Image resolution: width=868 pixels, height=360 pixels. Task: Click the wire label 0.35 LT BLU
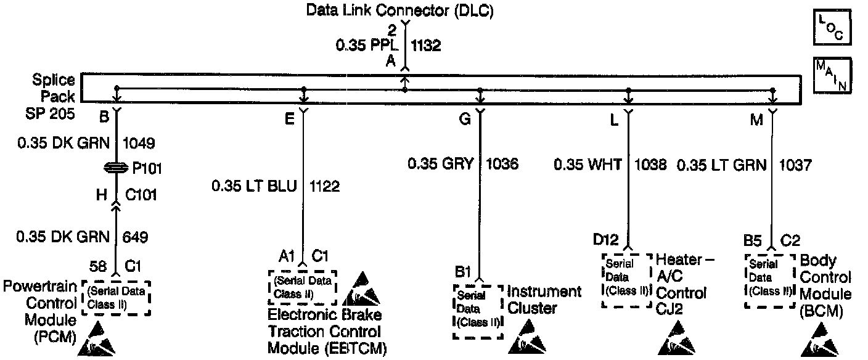click(x=253, y=186)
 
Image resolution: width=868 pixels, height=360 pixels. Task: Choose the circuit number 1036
click(x=502, y=164)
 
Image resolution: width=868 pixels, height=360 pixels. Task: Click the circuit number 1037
click(x=795, y=164)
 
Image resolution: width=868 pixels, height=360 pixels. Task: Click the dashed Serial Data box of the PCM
click(x=116, y=298)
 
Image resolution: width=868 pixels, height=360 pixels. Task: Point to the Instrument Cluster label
click(x=544, y=299)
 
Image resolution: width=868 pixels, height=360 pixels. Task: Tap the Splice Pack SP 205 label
click(x=54, y=96)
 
